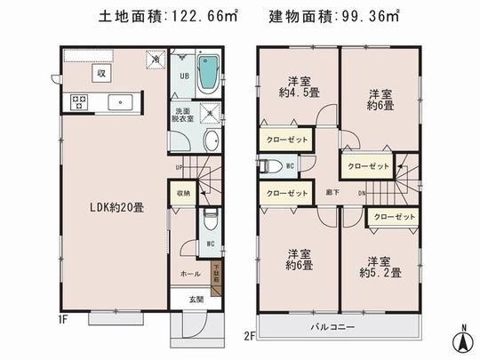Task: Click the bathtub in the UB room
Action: coord(208,73)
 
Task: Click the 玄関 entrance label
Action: coord(195,300)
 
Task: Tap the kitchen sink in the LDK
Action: coord(117,100)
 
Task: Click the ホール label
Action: coord(190,275)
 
